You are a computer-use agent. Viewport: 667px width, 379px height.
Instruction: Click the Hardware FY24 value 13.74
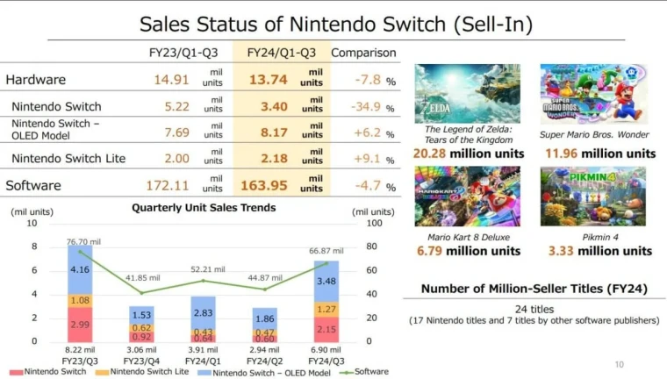pyautogui.click(x=271, y=78)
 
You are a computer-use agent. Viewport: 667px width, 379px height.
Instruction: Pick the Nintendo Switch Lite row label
pyautogui.click(x=68, y=158)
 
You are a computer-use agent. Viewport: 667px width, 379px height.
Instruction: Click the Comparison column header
pyautogui.click(x=363, y=53)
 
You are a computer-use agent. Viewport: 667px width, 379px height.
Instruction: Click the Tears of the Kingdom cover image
pyautogui.click(x=467, y=93)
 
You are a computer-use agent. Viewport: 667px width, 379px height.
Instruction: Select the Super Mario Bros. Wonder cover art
pyautogui.click(x=593, y=93)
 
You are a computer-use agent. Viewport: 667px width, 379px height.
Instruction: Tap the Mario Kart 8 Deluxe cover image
pyautogui.click(x=467, y=197)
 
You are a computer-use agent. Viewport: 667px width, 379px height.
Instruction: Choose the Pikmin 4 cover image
pyautogui.click(x=593, y=197)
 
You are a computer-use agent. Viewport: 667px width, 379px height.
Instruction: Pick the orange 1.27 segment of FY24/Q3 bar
pyautogui.click(x=326, y=309)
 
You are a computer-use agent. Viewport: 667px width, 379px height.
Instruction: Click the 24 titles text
pyautogui.click(x=534, y=309)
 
